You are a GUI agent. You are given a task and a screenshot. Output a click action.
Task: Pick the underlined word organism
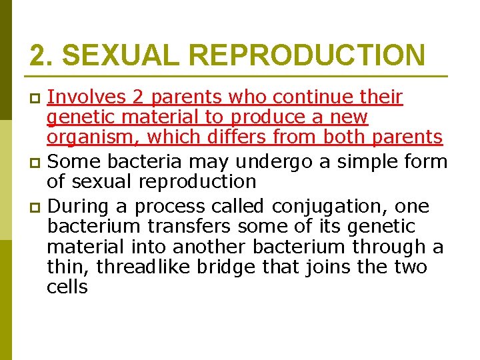(92, 138)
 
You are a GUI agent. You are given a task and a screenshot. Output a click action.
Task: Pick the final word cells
(67, 287)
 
